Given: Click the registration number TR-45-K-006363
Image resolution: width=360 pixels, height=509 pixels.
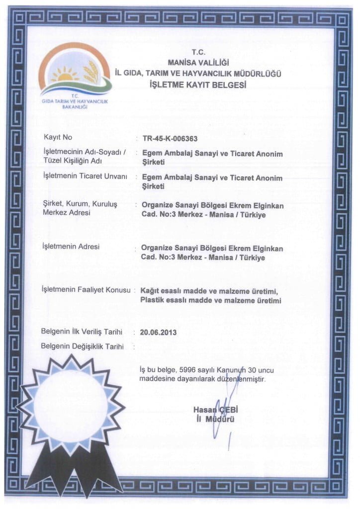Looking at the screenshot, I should (170, 139).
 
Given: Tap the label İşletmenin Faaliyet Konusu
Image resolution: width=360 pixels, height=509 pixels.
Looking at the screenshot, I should (87, 290).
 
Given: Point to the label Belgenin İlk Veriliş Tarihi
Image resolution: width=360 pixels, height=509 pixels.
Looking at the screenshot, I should (85, 331).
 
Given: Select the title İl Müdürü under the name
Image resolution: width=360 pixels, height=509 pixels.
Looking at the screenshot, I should (215, 420).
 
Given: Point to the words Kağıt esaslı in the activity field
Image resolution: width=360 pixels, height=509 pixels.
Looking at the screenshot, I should (159, 291).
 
